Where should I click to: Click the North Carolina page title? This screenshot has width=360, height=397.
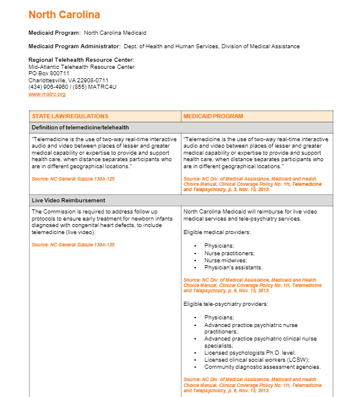[64, 15]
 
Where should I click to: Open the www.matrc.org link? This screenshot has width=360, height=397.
[47, 94]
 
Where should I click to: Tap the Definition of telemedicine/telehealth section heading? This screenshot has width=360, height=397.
[80, 127]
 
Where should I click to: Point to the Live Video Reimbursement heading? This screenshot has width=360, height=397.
[68, 201]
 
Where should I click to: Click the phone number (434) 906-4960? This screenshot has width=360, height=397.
[48, 87]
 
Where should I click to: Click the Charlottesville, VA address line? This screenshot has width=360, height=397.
[68, 80]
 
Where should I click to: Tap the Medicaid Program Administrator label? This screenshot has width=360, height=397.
[74, 46]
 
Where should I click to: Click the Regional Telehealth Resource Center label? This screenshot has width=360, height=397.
[81, 60]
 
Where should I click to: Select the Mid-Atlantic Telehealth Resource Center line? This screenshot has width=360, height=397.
[81, 66]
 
